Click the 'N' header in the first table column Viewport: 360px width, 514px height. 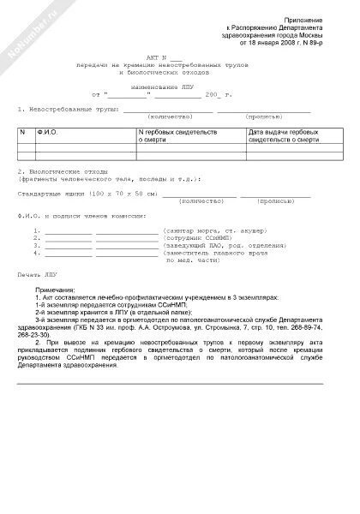pos(24,133)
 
